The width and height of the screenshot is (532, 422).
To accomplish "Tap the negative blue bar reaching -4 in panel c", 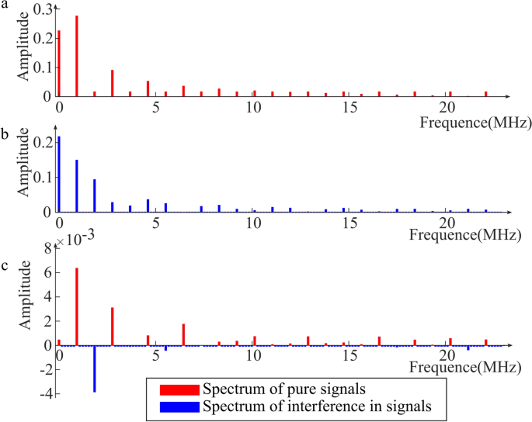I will tap(95, 368).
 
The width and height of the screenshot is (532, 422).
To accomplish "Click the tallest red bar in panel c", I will tap(77, 306).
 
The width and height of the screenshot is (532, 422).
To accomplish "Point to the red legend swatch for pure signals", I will tap(178, 389).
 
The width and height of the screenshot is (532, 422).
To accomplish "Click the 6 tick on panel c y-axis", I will tap(48, 273).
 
